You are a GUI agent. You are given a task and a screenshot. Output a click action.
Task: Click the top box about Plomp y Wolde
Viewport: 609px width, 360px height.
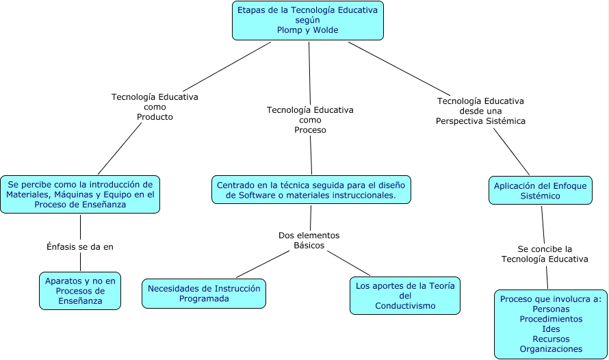pos(308,21)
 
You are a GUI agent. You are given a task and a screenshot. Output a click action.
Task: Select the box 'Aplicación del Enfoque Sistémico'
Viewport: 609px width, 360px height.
pos(541,190)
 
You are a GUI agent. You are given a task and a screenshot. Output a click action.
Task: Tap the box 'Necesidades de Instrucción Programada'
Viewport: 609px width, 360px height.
pos(204,294)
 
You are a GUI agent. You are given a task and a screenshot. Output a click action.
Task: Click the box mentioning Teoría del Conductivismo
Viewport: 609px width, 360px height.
pos(405,296)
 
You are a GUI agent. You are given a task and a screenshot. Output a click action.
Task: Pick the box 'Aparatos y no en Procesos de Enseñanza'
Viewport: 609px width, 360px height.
pos(81,291)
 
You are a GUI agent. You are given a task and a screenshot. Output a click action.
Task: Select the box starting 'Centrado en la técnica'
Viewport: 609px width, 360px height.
pos(311,190)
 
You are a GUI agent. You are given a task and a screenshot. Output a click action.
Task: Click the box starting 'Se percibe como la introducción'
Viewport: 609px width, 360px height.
pos(80,194)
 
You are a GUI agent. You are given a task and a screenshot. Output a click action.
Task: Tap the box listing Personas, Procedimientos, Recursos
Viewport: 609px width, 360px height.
pos(551,324)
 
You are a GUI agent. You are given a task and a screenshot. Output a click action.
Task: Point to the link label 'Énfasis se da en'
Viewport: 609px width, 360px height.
pos(80,247)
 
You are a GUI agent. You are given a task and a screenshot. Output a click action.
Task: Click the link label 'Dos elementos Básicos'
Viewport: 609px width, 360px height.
pos(309,240)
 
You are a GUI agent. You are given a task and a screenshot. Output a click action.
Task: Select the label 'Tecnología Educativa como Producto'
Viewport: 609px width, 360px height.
pos(155,107)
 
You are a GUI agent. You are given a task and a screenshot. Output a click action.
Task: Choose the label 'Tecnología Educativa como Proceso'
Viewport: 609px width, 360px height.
pos(310,119)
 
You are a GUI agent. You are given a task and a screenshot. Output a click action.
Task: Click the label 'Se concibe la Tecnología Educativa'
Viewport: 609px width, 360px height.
pos(545,254)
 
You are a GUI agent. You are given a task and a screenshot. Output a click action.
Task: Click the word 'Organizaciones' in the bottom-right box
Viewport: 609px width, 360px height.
pos(551,349)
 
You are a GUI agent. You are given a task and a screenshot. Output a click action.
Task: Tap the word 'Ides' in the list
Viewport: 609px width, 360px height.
pos(551,329)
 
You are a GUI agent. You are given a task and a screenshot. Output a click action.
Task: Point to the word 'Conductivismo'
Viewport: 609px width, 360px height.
pos(405,306)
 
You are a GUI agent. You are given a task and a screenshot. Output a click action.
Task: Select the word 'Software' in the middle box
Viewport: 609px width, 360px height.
pos(250,195)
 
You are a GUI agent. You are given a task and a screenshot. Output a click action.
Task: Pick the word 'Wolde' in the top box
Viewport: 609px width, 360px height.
pos(326,30)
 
